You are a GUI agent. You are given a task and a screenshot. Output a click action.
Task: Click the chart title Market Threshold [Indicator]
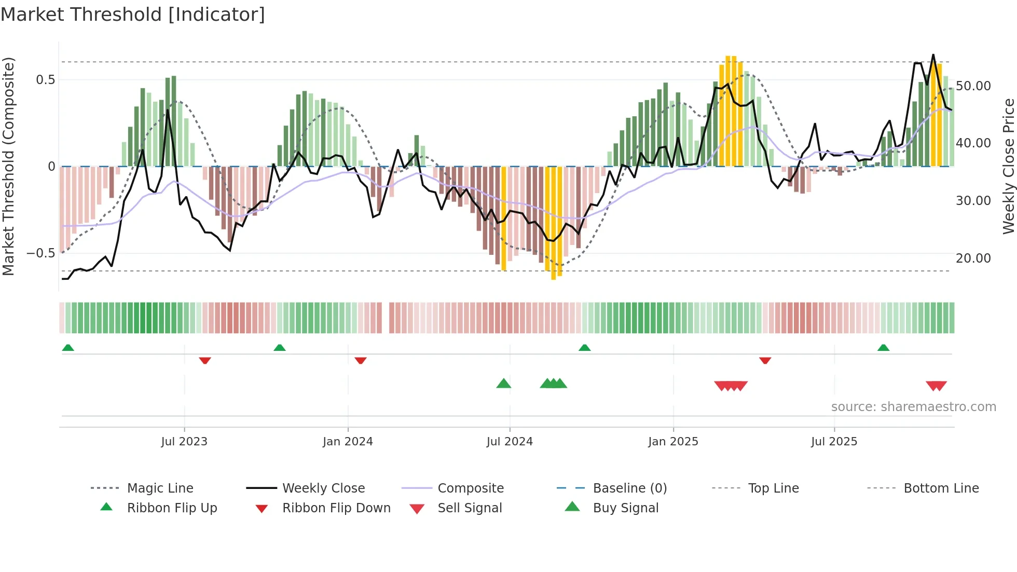[133, 15]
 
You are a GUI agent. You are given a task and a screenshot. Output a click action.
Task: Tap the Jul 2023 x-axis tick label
[184, 442]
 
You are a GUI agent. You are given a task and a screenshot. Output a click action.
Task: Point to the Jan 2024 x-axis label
[348, 442]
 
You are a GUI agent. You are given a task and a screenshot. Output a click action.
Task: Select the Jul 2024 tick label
[510, 442]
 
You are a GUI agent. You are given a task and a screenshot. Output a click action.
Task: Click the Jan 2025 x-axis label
[673, 442]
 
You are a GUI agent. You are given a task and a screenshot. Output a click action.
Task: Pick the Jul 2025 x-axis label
[834, 442]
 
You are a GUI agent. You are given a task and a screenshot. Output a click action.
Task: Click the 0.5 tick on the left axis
[45, 80]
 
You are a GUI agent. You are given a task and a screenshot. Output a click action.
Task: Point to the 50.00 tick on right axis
[973, 86]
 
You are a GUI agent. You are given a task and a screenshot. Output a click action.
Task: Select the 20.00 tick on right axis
[973, 258]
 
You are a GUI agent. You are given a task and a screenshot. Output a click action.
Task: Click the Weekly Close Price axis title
[1008, 166]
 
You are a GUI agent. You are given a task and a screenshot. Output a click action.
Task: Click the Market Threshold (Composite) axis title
[8, 166]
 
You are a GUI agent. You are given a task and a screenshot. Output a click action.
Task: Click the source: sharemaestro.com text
[913, 407]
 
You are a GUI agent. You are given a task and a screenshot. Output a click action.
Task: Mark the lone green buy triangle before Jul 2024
[503, 384]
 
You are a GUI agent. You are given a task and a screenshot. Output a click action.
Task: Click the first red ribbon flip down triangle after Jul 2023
[205, 360]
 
